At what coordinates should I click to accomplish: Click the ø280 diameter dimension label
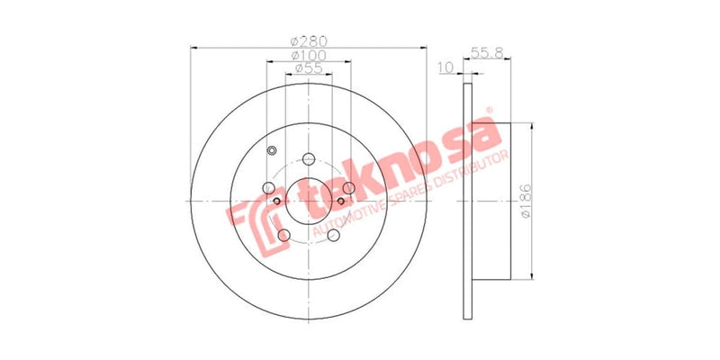tap(309, 40)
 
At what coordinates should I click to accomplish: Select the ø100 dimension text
tap(309, 56)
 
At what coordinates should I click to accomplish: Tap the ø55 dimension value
tap(309, 69)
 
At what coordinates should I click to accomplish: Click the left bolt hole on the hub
tap(268, 188)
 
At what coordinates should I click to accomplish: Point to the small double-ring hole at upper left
tap(272, 150)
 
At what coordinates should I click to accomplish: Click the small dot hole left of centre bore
tap(277, 200)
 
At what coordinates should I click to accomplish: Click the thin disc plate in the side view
tap(466, 200)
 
